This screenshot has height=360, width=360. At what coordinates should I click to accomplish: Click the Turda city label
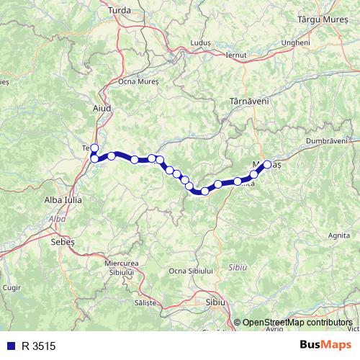tap(119, 10)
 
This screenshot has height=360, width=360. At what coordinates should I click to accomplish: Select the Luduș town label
tap(201, 43)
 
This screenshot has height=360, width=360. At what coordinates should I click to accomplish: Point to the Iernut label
tap(236, 55)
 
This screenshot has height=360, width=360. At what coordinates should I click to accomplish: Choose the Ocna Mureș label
tap(138, 82)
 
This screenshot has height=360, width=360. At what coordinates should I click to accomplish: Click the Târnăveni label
tap(249, 102)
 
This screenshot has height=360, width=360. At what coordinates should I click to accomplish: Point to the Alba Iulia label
tap(63, 199)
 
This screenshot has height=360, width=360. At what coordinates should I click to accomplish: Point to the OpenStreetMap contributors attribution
tap(297, 323)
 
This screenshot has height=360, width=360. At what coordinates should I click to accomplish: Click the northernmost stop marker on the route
tap(94, 148)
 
